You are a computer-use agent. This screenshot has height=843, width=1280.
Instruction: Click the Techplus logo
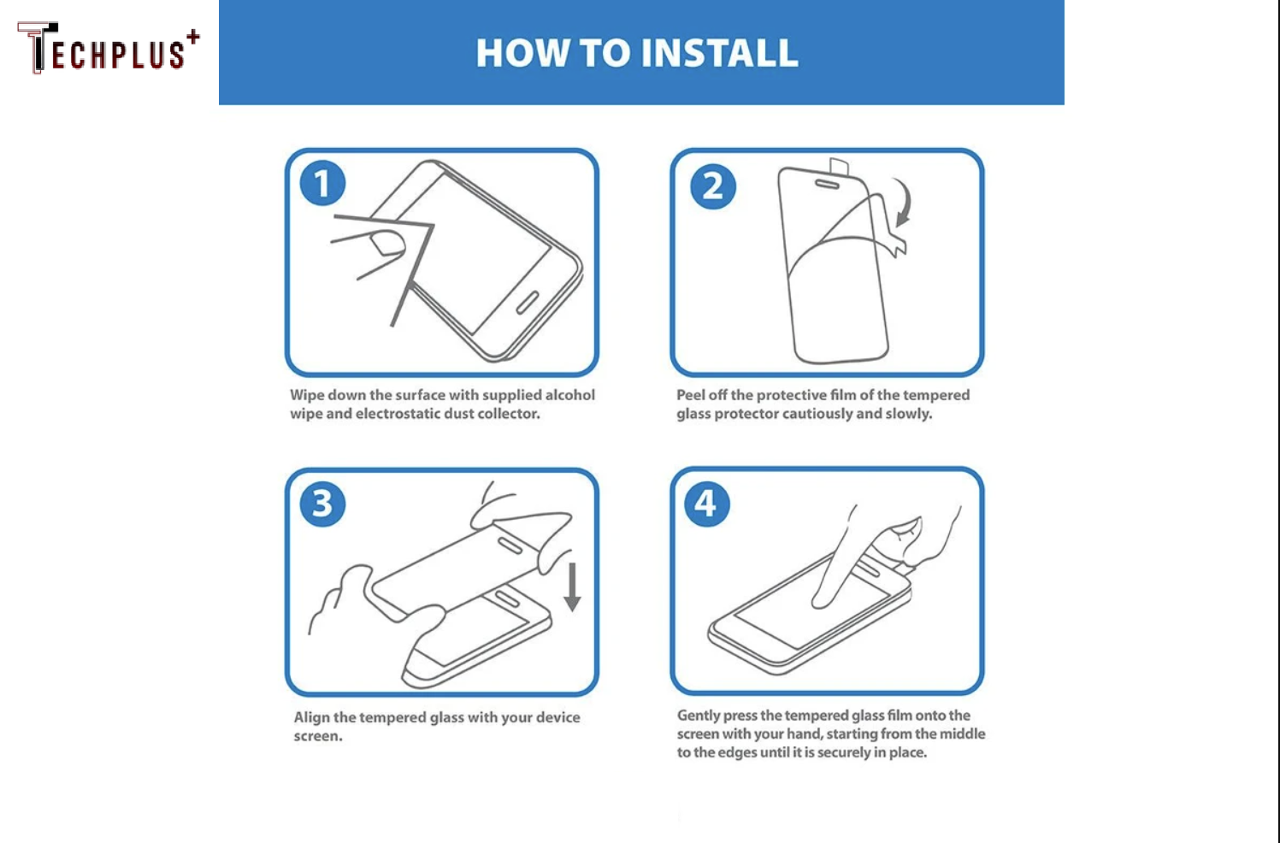(x=107, y=50)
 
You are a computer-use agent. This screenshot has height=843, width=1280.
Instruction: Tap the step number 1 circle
(x=322, y=184)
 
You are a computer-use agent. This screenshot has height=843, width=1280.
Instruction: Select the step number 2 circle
(x=712, y=186)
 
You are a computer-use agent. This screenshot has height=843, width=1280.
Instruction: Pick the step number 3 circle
(x=322, y=504)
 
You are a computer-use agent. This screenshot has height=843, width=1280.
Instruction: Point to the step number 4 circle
(x=706, y=504)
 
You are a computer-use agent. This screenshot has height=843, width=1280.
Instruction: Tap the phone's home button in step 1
(x=527, y=302)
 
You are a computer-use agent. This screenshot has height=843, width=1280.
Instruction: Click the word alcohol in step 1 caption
(x=569, y=395)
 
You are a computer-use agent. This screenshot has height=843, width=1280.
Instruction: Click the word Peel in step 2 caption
(x=690, y=395)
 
